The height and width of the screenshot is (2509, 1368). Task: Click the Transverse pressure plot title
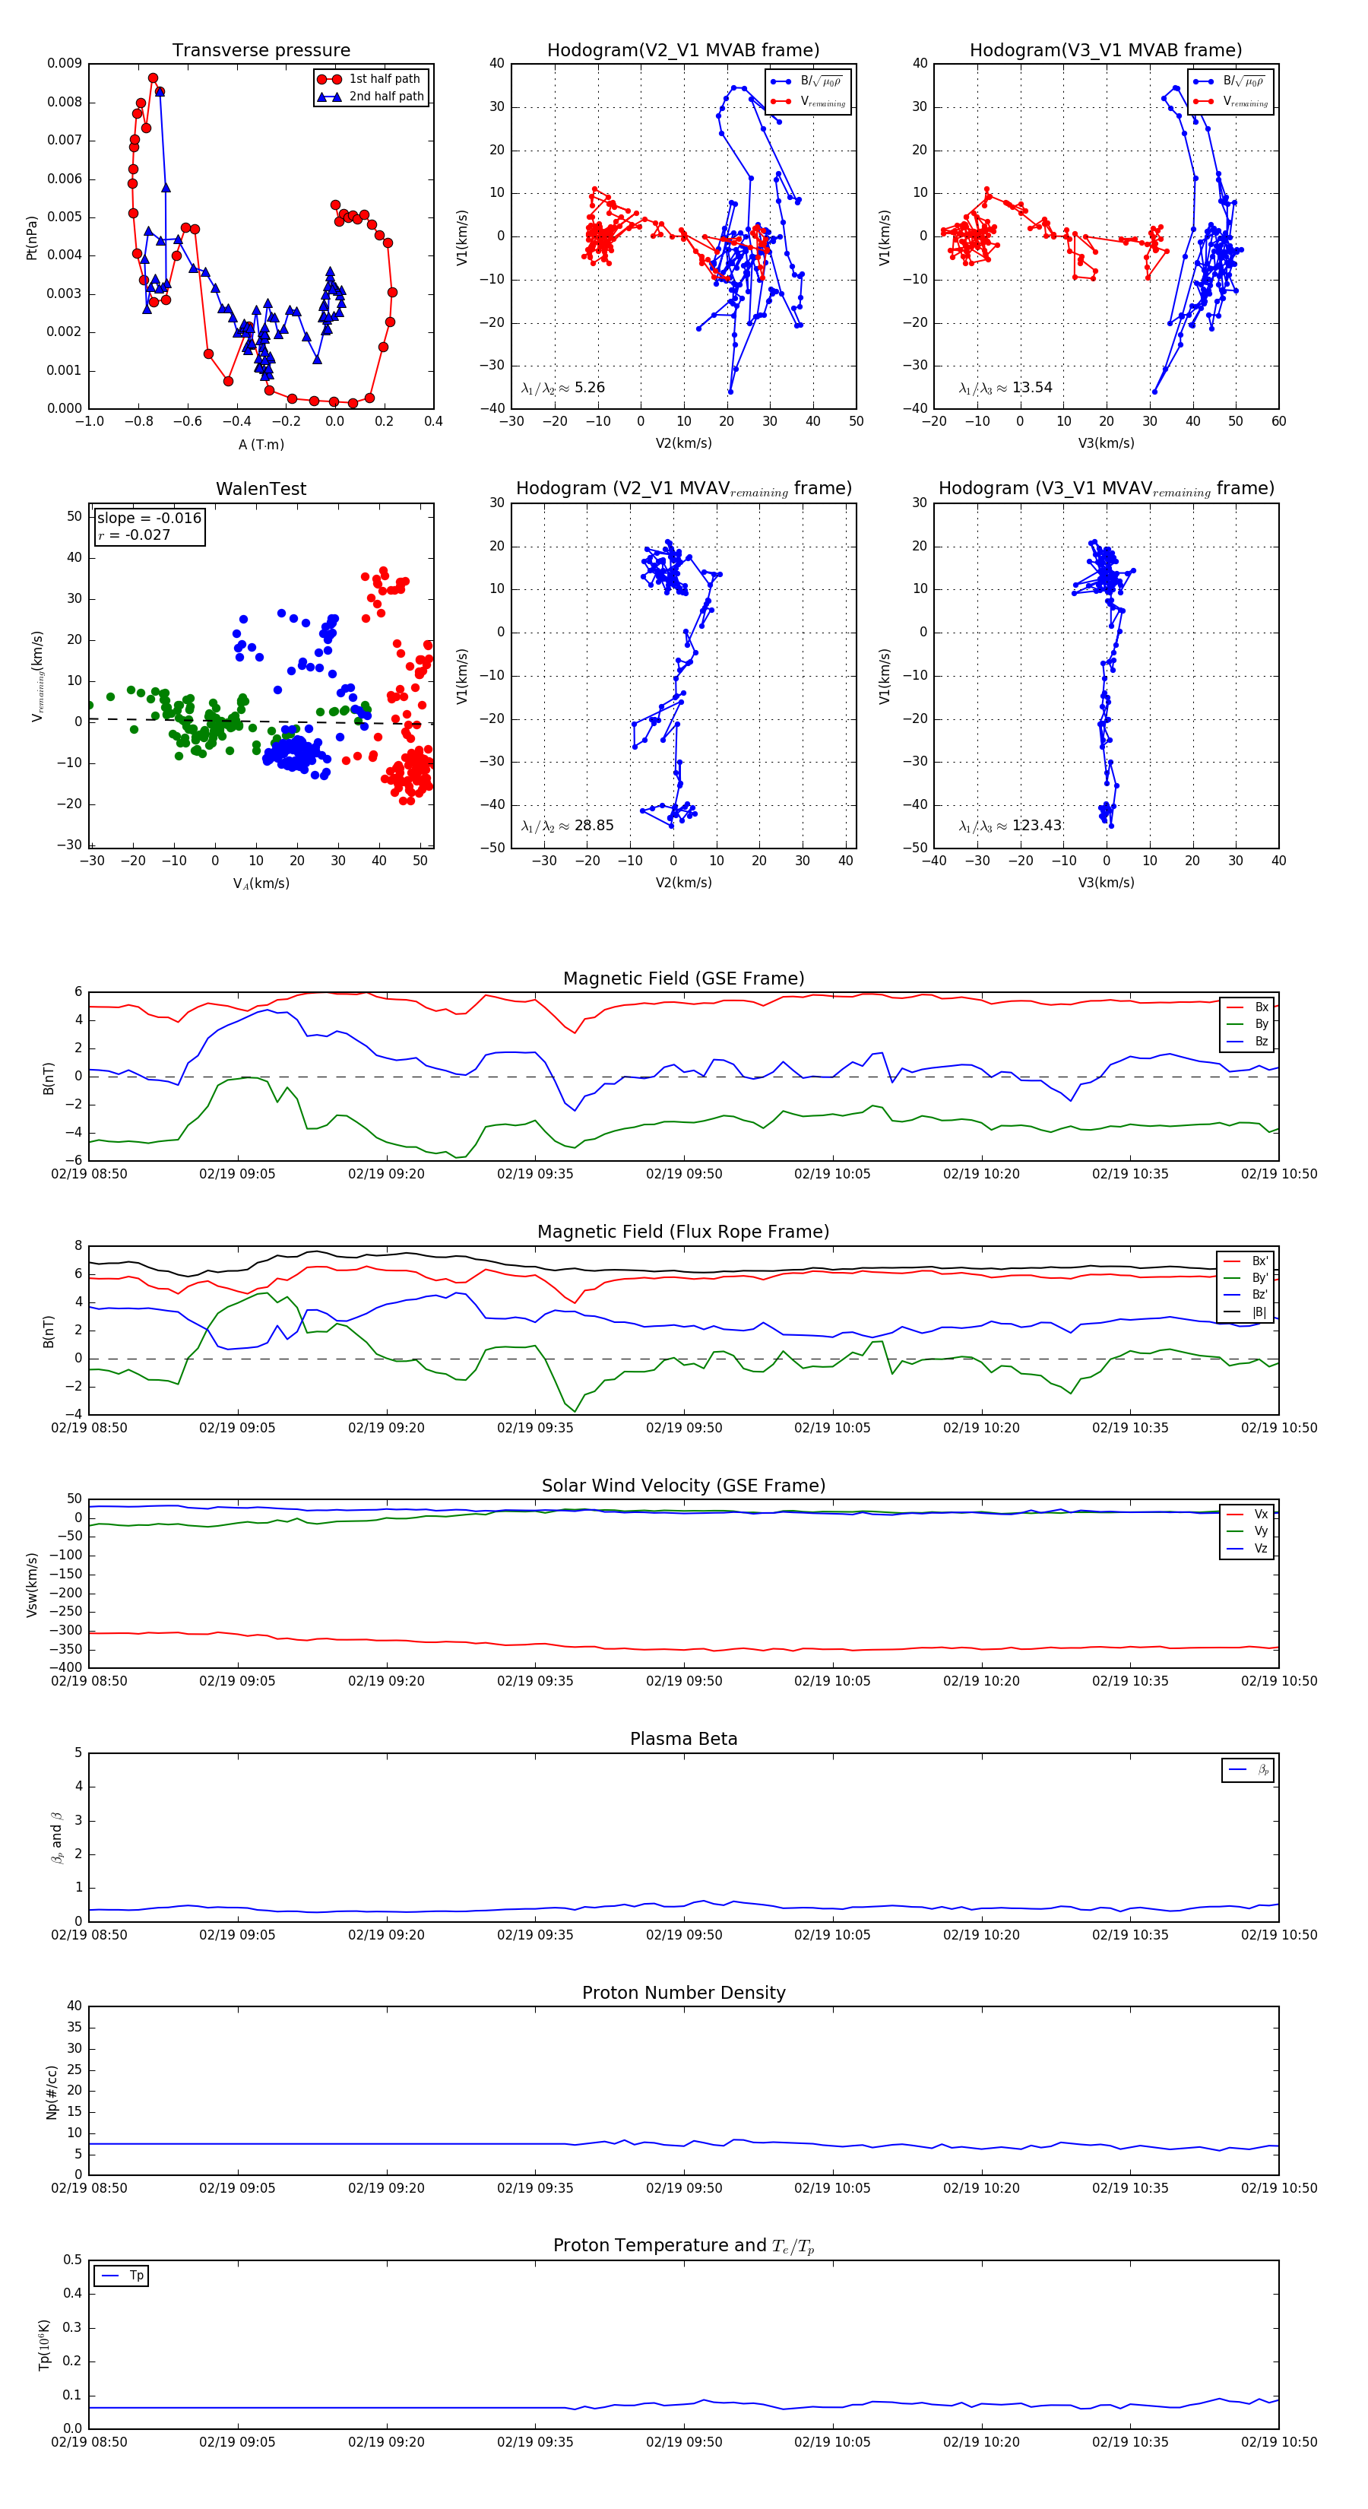pyautogui.click(x=261, y=51)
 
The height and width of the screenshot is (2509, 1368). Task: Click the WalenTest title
pyautogui.click(x=261, y=489)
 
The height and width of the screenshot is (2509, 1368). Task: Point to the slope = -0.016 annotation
pyautogui.click(x=149, y=519)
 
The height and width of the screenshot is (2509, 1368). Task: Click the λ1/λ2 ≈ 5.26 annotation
pyautogui.click(x=562, y=388)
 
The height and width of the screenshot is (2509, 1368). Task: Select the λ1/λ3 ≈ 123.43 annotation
pyautogui.click(x=1010, y=826)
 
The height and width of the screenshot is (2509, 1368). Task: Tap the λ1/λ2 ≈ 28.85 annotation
pyautogui.click(x=567, y=826)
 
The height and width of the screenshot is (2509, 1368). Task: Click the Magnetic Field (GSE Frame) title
pyautogui.click(x=683, y=979)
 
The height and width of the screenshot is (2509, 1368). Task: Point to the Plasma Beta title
pyautogui.click(x=683, y=1740)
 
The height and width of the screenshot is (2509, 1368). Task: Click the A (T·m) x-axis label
pyautogui.click(x=261, y=445)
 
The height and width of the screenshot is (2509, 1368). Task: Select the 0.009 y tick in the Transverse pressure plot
pyautogui.click(x=65, y=65)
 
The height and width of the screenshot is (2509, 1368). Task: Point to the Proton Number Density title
pyautogui.click(x=683, y=1993)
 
